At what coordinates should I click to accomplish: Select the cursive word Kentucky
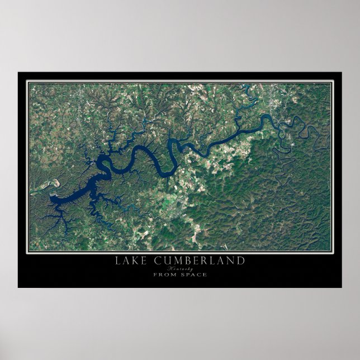click(179, 268)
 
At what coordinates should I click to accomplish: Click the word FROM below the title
click(164, 274)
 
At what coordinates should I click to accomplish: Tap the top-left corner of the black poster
click(18, 72)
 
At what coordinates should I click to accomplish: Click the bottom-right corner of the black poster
click(342, 287)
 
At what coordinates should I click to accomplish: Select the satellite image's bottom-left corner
click(30, 249)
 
